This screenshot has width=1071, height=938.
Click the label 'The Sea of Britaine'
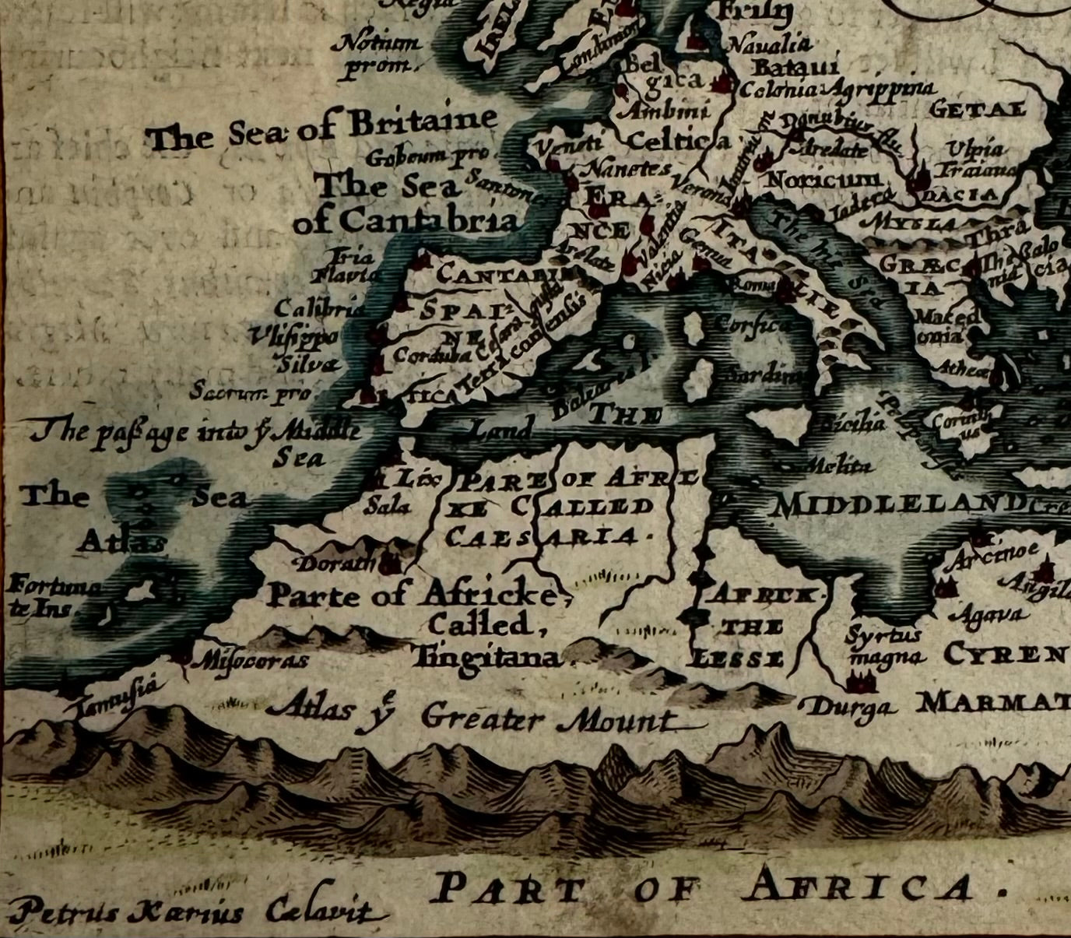[x=323, y=128]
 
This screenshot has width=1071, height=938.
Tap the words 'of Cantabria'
[x=406, y=221]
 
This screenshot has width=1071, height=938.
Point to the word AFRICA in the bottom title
[x=857, y=888]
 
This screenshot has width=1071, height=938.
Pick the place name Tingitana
[x=487, y=659]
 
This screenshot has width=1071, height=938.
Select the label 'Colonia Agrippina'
[x=837, y=89]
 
